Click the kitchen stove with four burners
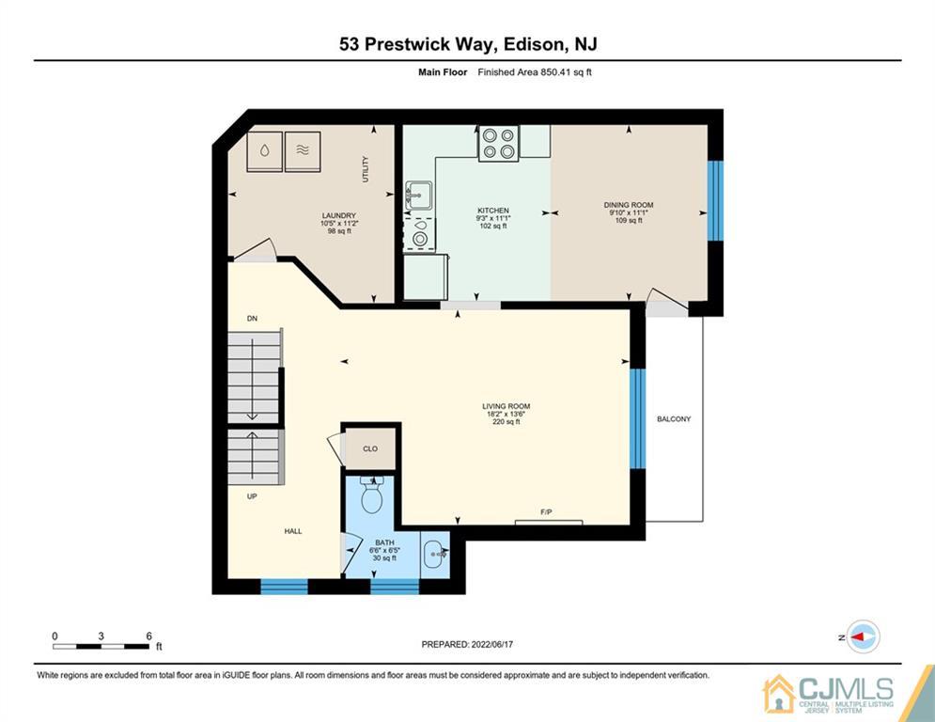pyautogui.click(x=498, y=143)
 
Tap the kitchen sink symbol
pyautogui.click(x=418, y=196)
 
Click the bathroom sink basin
pyautogui.click(x=436, y=553)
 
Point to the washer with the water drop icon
pyautogui.click(x=265, y=150)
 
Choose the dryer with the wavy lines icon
pyautogui.click(x=303, y=150)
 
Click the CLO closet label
pyautogui.click(x=370, y=449)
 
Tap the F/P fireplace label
pyautogui.click(x=546, y=512)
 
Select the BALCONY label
pyautogui.click(x=674, y=419)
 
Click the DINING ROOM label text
pyautogui.click(x=628, y=205)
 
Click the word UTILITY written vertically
pyautogui.click(x=366, y=169)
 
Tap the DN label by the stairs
pyautogui.click(x=252, y=320)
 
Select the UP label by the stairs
pyautogui.click(x=252, y=496)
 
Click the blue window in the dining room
pyautogui.click(x=715, y=200)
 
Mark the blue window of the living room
pyautogui.click(x=638, y=418)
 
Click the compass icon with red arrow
pyautogui.click(x=862, y=636)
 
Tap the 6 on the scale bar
pyautogui.click(x=148, y=636)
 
